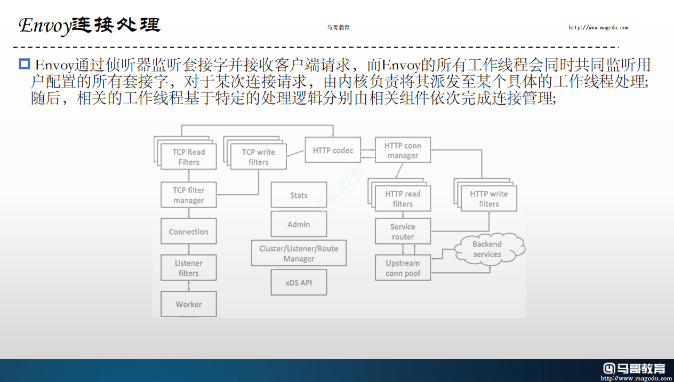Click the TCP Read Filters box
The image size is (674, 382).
[x=189, y=157]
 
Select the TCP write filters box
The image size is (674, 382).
[x=259, y=157]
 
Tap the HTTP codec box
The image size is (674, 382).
[x=333, y=150]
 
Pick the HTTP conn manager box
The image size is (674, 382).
[x=403, y=150]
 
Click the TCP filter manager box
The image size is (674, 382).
[x=189, y=195]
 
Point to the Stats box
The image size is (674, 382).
[x=299, y=195]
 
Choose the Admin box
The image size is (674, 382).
[x=299, y=225]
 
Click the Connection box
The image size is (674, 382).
[x=189, y=232]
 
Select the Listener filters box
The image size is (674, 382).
[x=189, y=268]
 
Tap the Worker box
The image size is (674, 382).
[x=189, y=304]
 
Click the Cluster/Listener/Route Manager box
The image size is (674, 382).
[x=299, y=253]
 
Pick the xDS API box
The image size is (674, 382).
[x=299, y=283]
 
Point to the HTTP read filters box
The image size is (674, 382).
[x=403, y=199]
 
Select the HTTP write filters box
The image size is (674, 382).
[x=489, y=199]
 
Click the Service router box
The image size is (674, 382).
[x=403, y=232]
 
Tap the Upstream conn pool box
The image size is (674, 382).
[x=403, y=268]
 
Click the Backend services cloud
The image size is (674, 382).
[x=487, y=249]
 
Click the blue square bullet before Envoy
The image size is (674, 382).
[x=24, y=65]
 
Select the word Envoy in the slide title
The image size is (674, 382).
[x=44, y=26]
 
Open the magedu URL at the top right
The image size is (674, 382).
[x=598, y=28]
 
